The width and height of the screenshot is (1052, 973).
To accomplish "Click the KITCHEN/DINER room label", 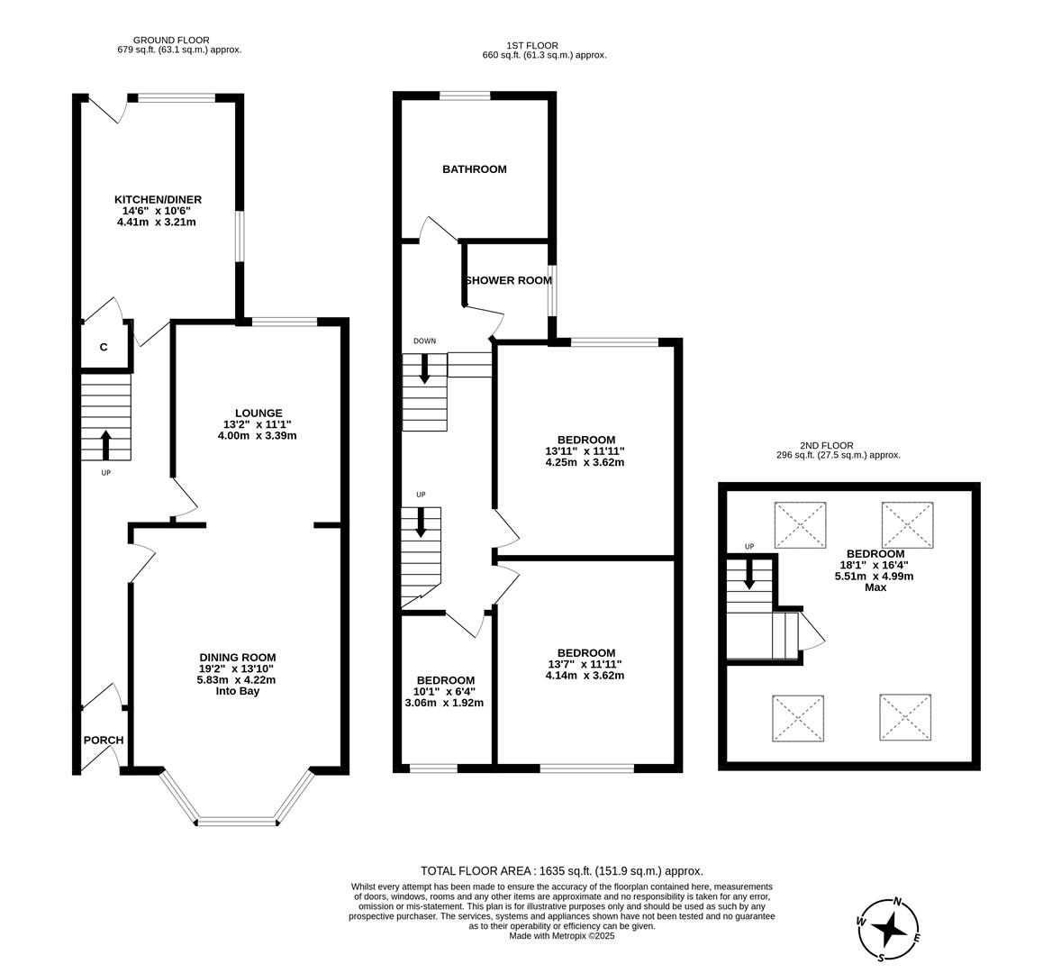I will [x=158, y=199].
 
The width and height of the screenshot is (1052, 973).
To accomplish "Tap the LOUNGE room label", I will [x=258, y=413].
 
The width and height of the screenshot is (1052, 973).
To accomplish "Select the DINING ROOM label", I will [x=237, y=657].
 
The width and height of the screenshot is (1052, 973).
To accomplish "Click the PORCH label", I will [x=104, y=741].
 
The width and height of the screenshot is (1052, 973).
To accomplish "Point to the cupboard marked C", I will [x=104, y=347].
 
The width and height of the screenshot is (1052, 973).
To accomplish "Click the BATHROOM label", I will [x=474, y=168].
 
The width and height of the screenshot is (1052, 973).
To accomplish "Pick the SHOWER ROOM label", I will [x=509, y=280].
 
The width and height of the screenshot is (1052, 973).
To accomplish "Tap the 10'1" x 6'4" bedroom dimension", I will [x=444, y=692].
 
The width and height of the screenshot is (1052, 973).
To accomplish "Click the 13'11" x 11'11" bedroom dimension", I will [x=585, y=451].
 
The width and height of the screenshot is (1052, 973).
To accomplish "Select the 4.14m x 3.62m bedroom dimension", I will [x=585, y=676].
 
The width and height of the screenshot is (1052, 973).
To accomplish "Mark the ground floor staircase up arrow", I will [x=105, y=445].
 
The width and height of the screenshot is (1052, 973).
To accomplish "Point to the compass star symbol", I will [x=889, y=928].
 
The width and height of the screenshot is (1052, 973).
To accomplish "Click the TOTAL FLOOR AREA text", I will [x=561, y=871].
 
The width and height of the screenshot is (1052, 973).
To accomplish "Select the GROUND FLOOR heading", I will [x=171, y=40].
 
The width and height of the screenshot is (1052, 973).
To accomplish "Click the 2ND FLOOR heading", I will [x=826, y=445].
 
